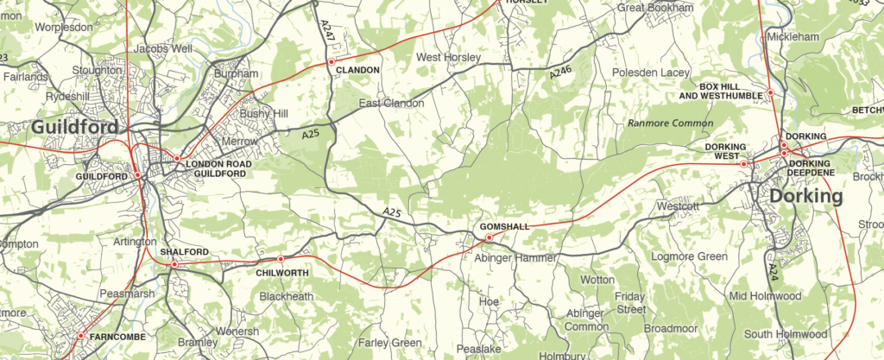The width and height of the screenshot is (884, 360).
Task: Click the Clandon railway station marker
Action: pyautogui.click(x=330, y=62)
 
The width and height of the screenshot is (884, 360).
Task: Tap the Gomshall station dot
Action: pyautogui.click(x=489, y=237)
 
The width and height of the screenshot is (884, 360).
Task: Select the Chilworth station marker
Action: pyautogui.click(x=281, y=259)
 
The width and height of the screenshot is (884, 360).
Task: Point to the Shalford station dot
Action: pyautogui.click(x=174, y=264)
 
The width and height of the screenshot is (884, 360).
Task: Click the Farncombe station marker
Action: pyautogui.click(x=80, y=336)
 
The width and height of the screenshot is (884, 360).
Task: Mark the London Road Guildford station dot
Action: pyautogui.click(x=177, y=159)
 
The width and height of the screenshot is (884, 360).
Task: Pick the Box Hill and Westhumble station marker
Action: pyautogui.click(x=771, y=93)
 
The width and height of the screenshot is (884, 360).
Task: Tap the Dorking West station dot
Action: pyautogui.click(x=744, y=163)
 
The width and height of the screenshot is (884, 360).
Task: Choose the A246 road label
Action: pyautogui.click(x=560, y=76)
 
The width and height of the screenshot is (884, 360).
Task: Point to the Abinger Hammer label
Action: pyautogui.click(x=516, y=256)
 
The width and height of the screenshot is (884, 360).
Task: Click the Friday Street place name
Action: pyautogui.click(x=630, y=302)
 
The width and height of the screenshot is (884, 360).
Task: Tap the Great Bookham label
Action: pyautogui.click(x=655, y=8)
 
